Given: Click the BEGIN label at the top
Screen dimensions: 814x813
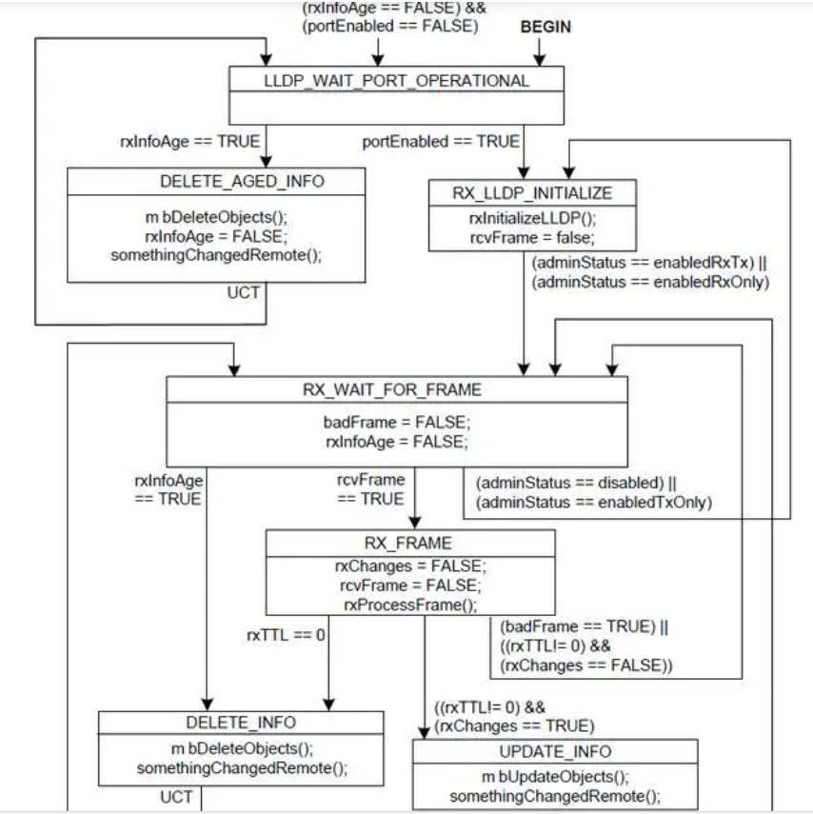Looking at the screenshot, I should coord(546,28).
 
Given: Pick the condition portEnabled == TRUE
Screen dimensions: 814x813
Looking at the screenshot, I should coord(441,142).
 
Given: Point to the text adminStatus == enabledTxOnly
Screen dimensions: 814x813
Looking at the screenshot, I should coord(596,501).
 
